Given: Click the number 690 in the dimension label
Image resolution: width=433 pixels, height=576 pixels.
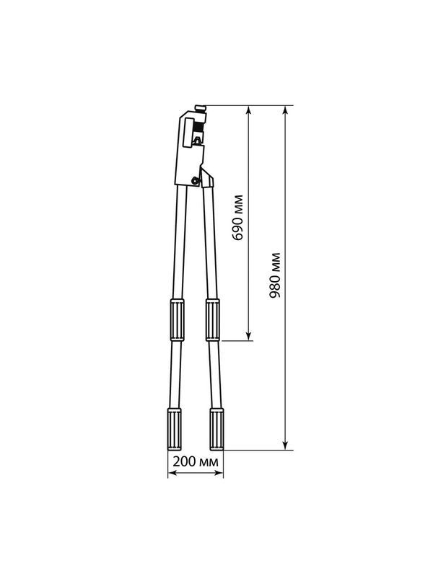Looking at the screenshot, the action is [238, 228].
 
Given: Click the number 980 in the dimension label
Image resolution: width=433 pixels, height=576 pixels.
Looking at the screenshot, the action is [275, 285].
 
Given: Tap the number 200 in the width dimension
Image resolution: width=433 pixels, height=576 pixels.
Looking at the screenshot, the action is [183, 461].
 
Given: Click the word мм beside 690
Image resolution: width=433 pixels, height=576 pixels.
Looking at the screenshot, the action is [238, 203].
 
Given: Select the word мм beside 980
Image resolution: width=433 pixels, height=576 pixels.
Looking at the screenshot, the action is [275, 262].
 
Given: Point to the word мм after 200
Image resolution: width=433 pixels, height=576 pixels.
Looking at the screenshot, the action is [208, 462].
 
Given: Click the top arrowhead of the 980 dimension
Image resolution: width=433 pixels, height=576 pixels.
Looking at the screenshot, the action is [285, 110].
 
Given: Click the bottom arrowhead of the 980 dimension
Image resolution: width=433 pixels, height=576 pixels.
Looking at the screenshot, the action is [285, 446].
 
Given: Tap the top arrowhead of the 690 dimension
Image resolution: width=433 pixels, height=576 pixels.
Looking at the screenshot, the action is [249, 110].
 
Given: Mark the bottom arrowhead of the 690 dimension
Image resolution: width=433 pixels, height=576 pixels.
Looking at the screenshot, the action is [249, 336].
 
